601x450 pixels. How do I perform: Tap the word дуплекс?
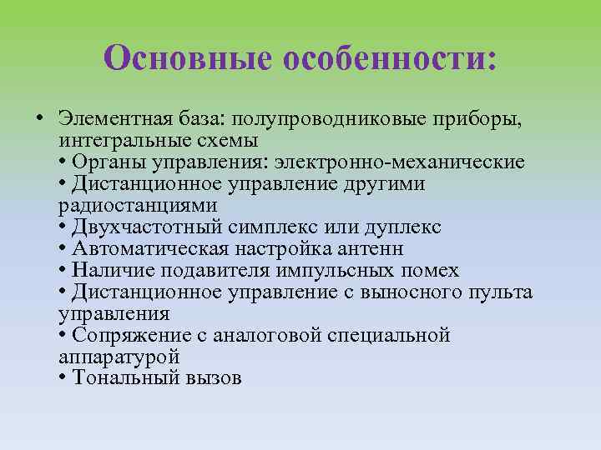(x=404, y=227)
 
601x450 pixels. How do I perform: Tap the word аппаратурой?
(x=119, y=357)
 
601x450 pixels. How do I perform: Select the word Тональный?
(x=114, y=378)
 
